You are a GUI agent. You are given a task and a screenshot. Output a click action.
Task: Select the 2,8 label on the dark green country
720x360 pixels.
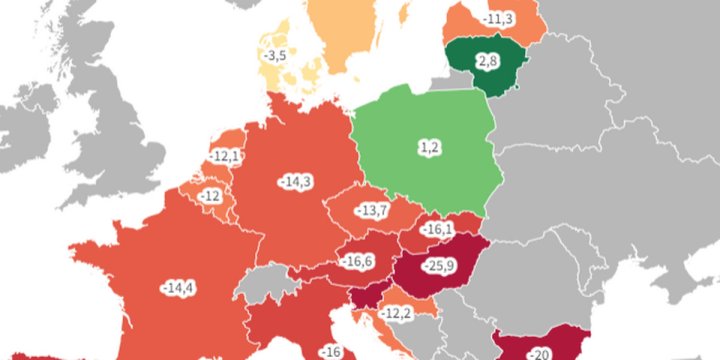pyautogui.click(x=488, y=62)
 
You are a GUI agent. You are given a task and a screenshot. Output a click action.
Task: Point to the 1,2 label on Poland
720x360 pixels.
pyautogui.click(x=430, y=148)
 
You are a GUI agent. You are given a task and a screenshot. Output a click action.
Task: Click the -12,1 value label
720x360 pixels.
pyautogui.click(x=226, y=157)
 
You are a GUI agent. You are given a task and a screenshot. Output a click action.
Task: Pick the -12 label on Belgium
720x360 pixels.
pyautogui.click(x=210, y=195)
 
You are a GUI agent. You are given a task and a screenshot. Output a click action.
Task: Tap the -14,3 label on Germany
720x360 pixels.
pyautogui.click(x=295, y=181)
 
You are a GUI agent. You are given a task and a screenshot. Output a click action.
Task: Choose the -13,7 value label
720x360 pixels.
pyautogui.click(x=374, y=210)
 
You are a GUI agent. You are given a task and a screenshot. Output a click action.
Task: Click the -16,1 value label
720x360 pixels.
pyautogui.click(x=438, y=230)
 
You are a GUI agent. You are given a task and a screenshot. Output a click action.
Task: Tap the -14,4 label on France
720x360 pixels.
pyautogui.click(x=178, y=288)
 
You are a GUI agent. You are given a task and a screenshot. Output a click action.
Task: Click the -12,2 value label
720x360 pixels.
pyautogui.click(x=396, y=314)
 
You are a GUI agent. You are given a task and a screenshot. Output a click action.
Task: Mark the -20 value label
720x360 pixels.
pyautogui.click(x=541, y=353)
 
